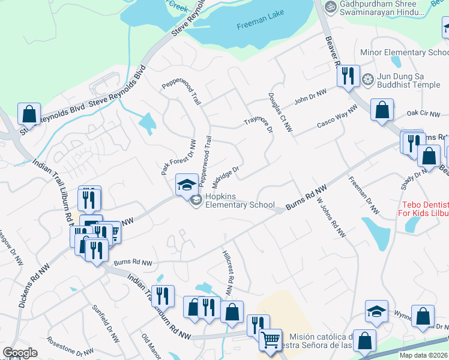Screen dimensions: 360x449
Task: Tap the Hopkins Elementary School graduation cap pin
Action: click(x=187, y=184)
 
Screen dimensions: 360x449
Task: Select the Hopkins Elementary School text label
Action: click(x=240, y=200)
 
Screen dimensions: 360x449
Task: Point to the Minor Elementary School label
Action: click(x=403, y=53)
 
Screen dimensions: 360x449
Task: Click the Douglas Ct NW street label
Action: click(x=280, y=112)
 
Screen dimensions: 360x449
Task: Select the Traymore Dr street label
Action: click(x=258, y=121)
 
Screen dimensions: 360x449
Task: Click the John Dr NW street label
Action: click(x=310, y=95)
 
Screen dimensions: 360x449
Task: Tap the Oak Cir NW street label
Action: click(x=423, y=113)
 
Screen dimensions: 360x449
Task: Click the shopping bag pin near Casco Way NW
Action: click(x=382, y=110)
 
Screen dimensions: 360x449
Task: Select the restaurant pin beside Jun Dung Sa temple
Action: click(x=348, y=76)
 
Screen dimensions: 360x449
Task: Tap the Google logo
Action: click(x=20, y=353)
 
